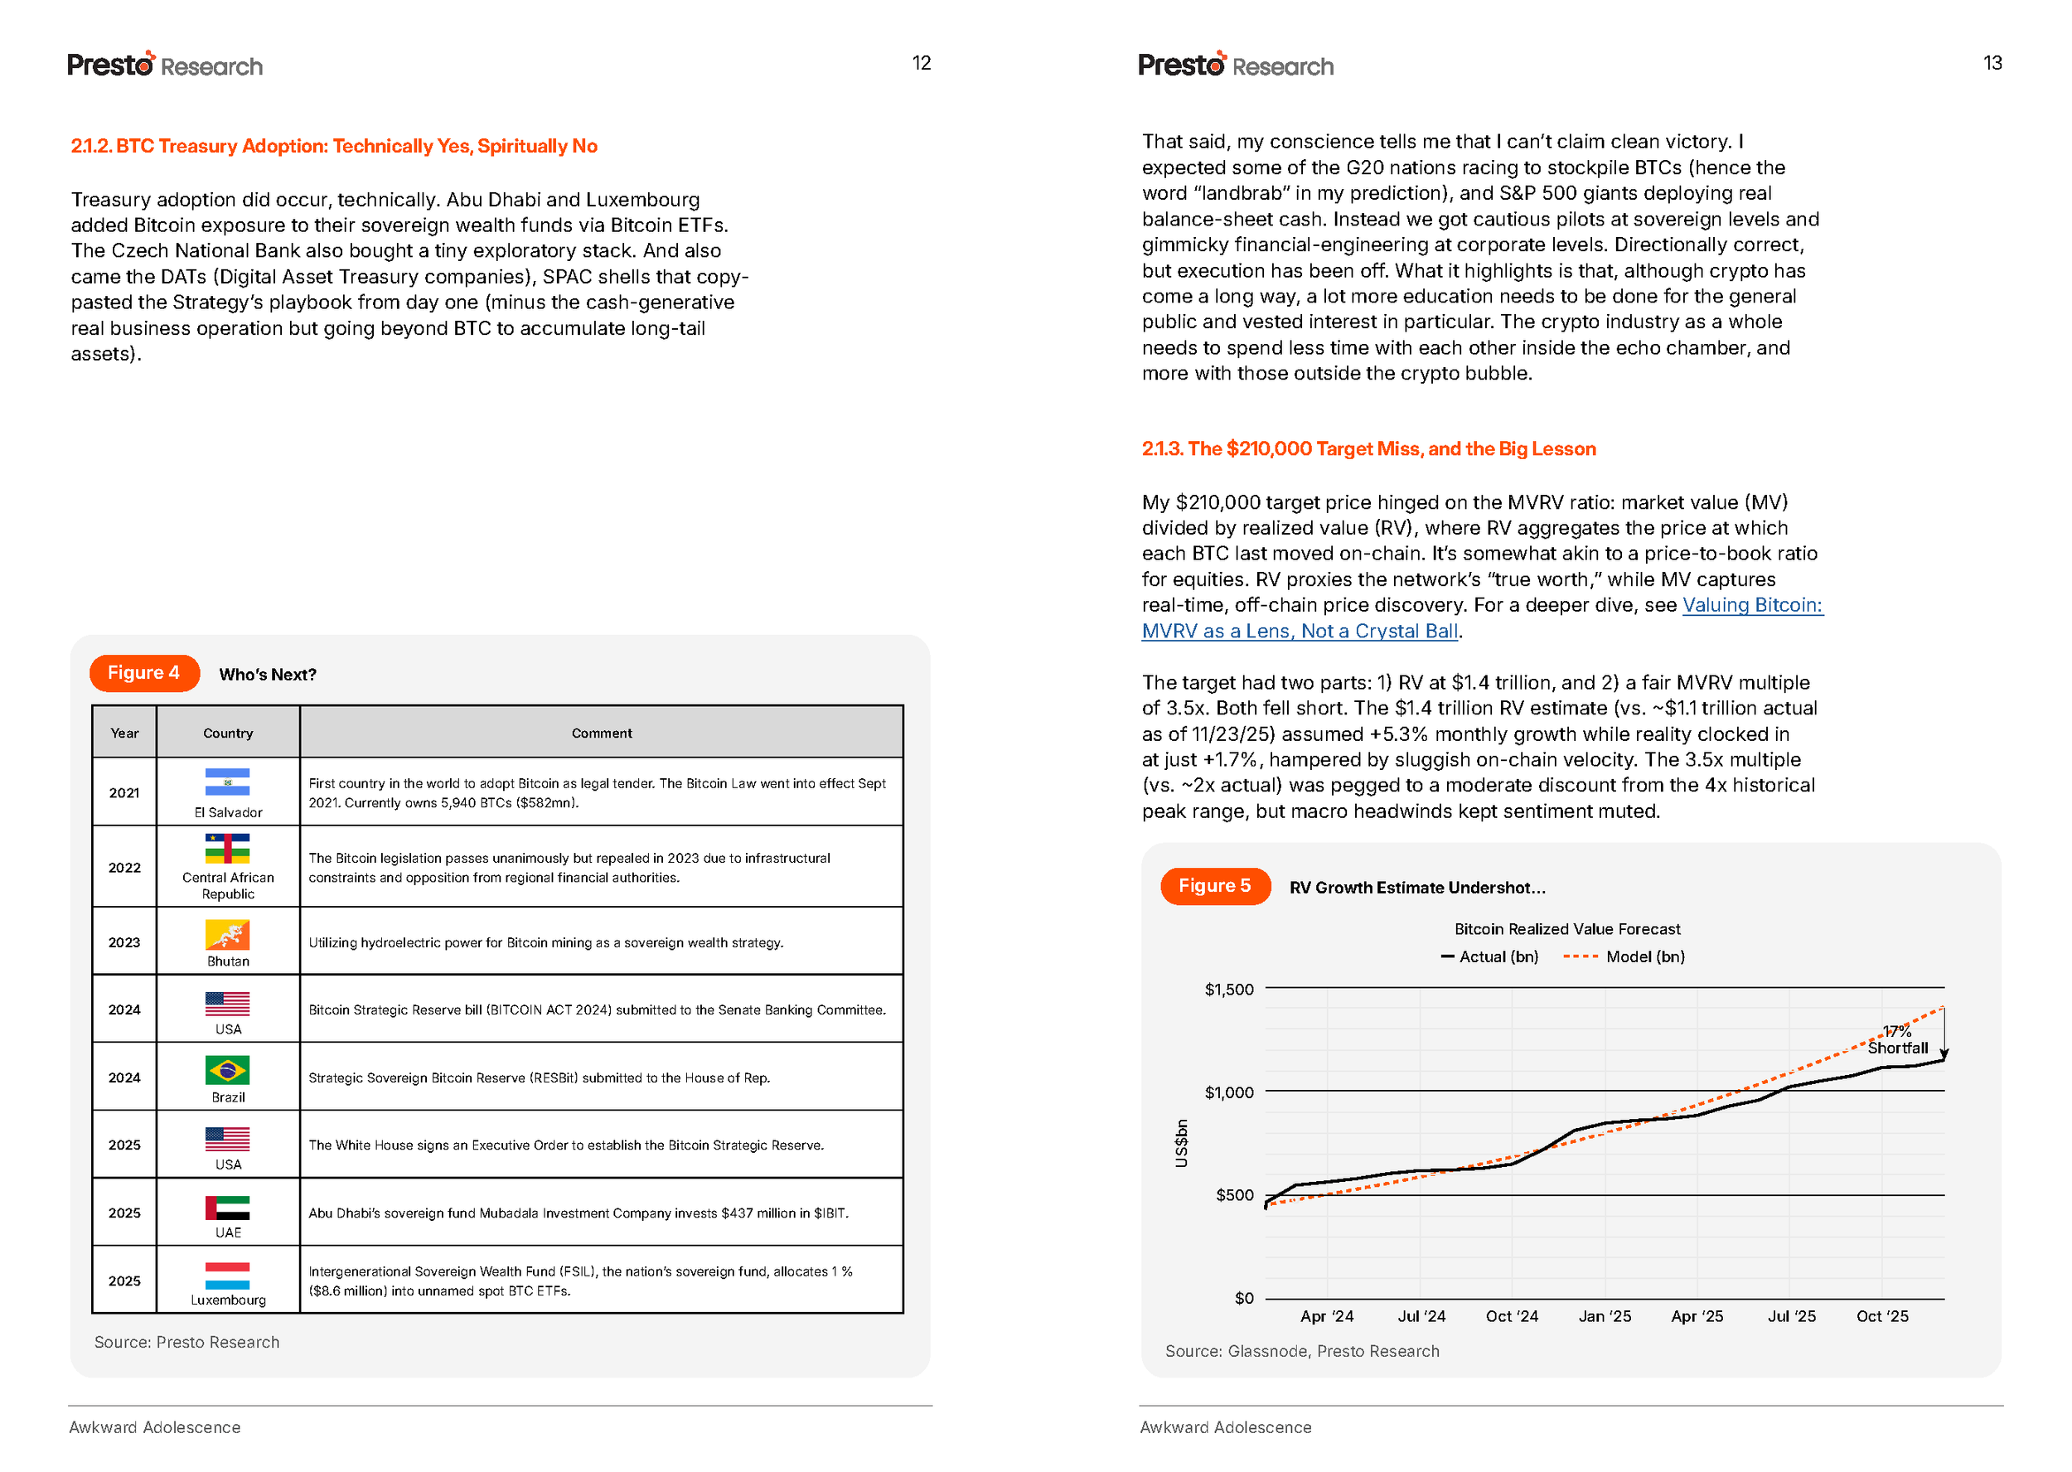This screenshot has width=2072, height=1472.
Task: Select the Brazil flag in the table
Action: [227, 1071]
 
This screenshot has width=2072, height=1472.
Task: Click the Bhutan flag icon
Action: [227, 934]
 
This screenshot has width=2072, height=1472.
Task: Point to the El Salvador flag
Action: [227, 782]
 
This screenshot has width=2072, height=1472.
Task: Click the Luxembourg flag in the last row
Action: [227, 1276]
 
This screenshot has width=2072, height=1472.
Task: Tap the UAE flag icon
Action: [227, 1208]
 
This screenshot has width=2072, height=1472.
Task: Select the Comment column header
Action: [602, 734]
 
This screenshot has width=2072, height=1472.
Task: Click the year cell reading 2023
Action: [124, 942]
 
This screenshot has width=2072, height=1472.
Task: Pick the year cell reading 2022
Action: [124, 868]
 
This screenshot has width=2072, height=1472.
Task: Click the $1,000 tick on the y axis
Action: [1229, 1093]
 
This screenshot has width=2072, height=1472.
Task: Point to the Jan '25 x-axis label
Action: [1605, 1316]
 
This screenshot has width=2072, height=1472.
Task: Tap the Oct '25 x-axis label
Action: [1881, 1316]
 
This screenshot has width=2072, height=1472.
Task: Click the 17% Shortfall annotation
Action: [1897, 1039]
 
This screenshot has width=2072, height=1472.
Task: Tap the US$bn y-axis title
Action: [1181, 1143]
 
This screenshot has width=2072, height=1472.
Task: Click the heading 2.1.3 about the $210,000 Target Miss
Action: [1368, 448]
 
